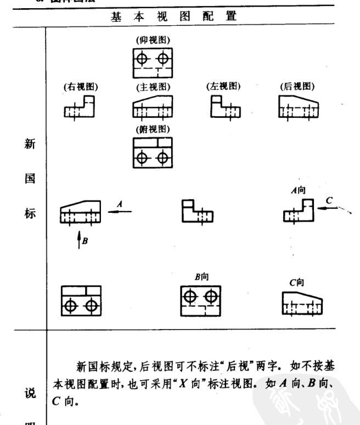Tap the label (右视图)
tap(78, 87)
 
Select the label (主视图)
tap(153, 87)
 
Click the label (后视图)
tap(297, 86)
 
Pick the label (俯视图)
tap(152, 129)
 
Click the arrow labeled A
tap(119, 208)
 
